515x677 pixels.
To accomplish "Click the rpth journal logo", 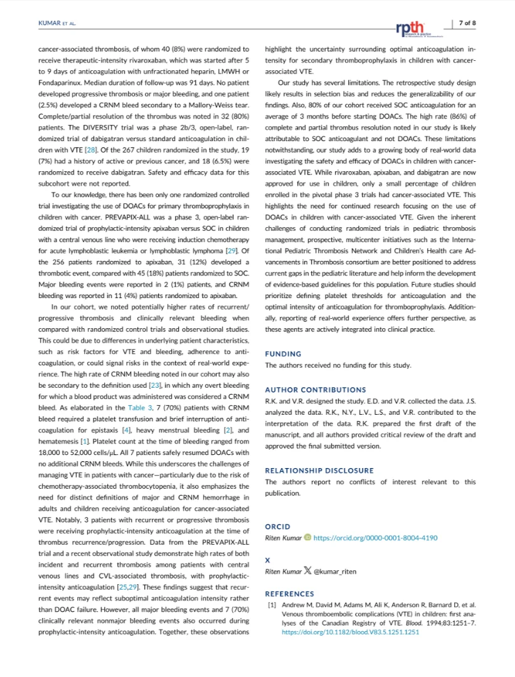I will pos(410,28).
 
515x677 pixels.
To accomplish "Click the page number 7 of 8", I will pos(467,23).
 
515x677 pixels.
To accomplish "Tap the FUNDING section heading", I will pos(283,354).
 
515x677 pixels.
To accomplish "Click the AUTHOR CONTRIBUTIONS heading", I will pos(316,390).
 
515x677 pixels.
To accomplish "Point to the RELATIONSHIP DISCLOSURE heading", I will pos(319,470).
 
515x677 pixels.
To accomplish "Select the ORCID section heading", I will pos(277,527).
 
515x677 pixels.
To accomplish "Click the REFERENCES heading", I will pos(289,594).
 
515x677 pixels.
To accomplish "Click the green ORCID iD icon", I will pos(307,538).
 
